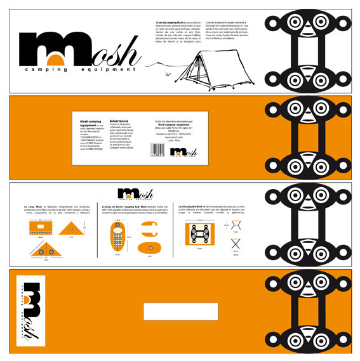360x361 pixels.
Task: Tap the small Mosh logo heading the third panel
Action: [135, 194]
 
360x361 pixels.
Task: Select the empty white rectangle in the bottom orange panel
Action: [163, 312]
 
